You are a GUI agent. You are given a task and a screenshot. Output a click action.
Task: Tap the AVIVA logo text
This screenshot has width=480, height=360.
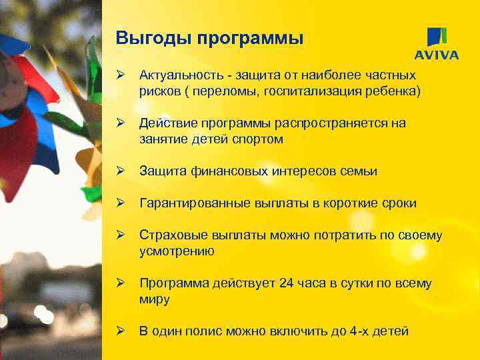pos(437,55)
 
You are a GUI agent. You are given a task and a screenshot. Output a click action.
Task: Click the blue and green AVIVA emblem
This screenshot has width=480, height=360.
pos(437,36)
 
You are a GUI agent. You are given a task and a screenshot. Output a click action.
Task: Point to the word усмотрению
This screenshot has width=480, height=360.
pos(177,251)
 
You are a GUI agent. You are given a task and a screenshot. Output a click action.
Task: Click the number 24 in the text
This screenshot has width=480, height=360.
pos(287,283)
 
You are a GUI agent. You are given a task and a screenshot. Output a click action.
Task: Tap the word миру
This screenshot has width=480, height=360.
pos(154,299)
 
